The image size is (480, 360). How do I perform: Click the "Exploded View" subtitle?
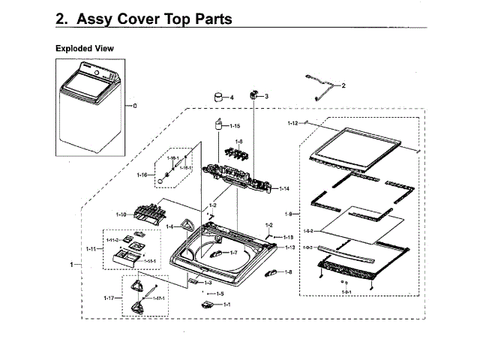[85, 48]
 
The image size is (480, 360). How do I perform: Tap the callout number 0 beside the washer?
[135, 106]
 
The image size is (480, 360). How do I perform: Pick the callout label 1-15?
[235, 126]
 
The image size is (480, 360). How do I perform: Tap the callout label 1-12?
[293, 122]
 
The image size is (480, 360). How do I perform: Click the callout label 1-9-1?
[346, 291]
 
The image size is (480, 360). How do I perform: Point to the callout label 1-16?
[142, 175]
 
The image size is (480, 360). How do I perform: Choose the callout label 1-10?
[121, 214]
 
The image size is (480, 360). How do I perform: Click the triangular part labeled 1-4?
[186, 224]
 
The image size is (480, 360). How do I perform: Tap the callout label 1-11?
[91, 248]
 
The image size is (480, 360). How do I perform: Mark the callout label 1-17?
[109, 298]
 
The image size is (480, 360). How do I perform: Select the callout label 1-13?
[289, 247]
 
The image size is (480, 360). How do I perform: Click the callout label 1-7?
[234, 253]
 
